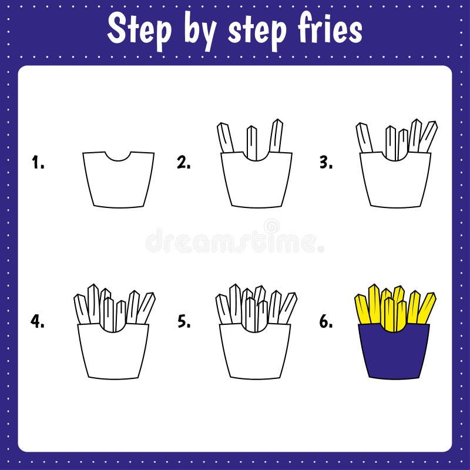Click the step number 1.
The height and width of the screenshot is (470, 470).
[x=38, y=163]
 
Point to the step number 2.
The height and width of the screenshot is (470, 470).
[x=183, y=163]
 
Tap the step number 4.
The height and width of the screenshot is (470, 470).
[x=38, y=321]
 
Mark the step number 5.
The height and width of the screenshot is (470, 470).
[x=183, y=321]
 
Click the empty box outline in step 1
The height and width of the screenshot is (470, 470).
[x=118, y=182]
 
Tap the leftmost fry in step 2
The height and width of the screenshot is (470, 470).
[x=225, y=138]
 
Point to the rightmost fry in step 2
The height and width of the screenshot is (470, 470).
[x=276, y=136]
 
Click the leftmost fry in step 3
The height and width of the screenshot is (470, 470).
[x=364, y=138]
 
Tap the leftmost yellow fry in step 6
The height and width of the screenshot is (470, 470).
[x=362, y=309]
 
